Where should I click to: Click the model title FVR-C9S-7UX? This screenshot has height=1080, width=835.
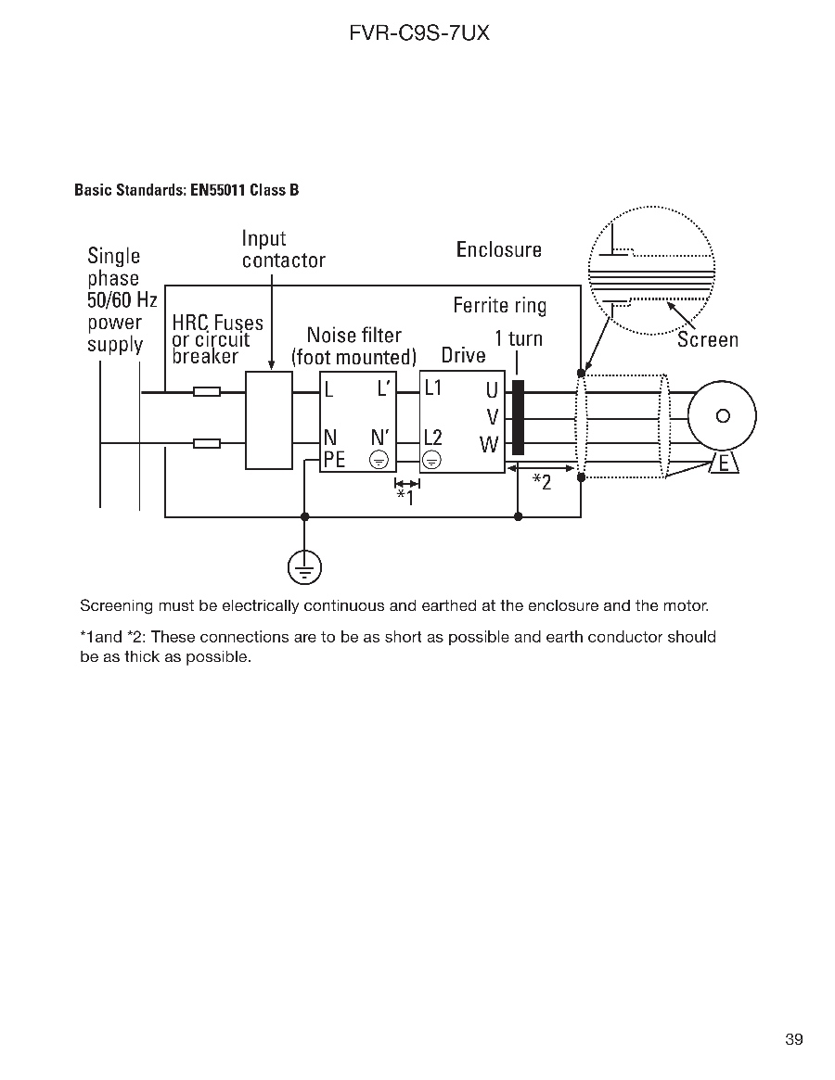click(418, 33)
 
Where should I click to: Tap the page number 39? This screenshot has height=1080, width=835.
click(793, 1039)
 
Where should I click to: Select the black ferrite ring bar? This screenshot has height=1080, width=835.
click(518, 417)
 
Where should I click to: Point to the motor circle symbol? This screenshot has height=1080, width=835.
click(721, 416)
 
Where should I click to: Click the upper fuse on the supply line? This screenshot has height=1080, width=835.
click(206, 392)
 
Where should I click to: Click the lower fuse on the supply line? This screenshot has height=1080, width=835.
click(206, 444)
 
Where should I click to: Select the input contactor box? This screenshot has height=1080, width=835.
click(268, 420)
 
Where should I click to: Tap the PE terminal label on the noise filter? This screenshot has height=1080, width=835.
click(334, 459)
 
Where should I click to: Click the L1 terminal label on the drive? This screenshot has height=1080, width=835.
click(433, 388)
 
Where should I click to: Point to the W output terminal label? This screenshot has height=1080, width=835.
click(489, 445)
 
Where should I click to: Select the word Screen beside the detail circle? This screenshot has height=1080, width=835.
click(707, 339)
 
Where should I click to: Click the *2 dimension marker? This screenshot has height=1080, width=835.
click(542, 482)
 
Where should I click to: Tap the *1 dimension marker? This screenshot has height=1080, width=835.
click(405, 497)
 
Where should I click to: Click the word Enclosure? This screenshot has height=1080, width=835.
click(498, 249)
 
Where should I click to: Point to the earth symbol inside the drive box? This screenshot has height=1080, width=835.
click(432, 460)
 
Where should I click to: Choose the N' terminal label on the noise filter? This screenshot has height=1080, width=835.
click(380, 437)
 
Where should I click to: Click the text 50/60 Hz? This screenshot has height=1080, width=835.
click(122, 300)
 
